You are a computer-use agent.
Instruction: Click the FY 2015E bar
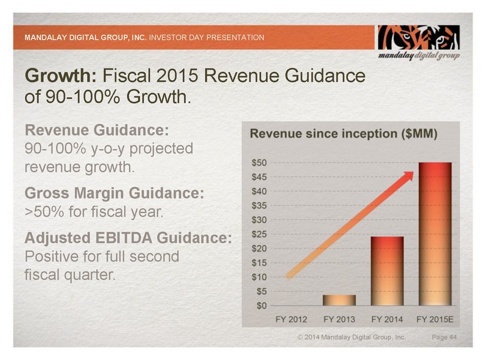[434, 234]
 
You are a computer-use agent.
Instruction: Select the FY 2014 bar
[387, 271]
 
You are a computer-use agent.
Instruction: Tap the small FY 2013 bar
[340, 300]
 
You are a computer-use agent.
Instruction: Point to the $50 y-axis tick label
[260, 163]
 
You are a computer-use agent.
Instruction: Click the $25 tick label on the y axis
[260, 234]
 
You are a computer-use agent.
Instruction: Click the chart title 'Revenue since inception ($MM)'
[343, 133]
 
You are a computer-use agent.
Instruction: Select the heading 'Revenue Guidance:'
[96, 131]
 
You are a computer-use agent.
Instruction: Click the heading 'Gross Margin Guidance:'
[114, 194]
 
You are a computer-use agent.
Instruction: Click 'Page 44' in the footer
[445, 339]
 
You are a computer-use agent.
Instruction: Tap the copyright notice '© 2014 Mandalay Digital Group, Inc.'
[352, 339]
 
